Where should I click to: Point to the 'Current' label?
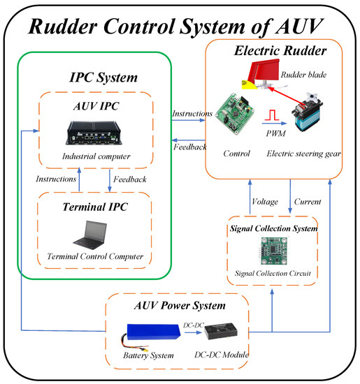coord(308,202)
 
